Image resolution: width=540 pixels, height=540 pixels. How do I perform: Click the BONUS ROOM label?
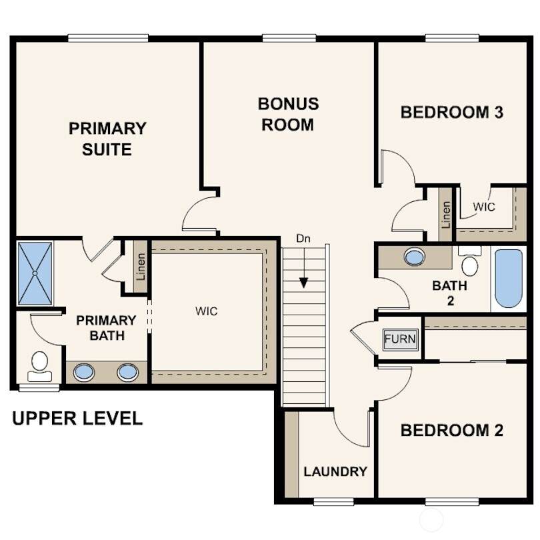288,115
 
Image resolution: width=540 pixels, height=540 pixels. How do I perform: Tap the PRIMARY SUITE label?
107,139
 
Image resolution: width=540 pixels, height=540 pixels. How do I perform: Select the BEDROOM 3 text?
452,112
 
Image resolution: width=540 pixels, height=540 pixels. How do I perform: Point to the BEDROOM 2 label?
452,430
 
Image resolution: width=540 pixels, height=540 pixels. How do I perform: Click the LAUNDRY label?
335,471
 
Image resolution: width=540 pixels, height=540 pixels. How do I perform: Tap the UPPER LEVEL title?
77,418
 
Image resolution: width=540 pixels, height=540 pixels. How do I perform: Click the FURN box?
400,339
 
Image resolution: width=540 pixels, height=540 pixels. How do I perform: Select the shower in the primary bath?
35,273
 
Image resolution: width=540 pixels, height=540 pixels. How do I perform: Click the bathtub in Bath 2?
508,278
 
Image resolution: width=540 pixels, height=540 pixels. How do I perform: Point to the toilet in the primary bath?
39,367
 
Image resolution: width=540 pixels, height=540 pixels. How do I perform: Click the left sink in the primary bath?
84,372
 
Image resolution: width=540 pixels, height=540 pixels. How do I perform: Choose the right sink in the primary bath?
128,372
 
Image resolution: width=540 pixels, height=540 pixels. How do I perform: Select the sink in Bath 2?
415,257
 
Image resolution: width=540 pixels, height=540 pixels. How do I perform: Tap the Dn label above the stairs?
303,238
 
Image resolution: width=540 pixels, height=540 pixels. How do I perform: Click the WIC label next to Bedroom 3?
484,207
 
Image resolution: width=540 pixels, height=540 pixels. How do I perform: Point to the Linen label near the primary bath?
141,267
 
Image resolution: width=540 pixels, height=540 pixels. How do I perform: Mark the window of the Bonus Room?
289,38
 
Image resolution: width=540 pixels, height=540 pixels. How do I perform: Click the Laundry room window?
334,502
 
